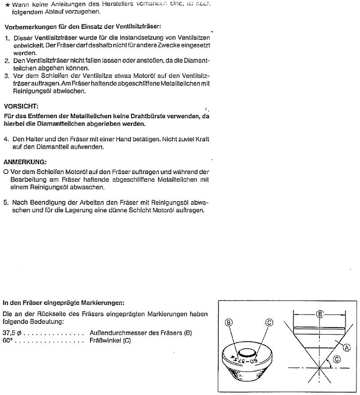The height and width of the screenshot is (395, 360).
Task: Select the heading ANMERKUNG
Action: (25, 162)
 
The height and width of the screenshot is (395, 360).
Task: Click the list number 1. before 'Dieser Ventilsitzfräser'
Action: (8, 38)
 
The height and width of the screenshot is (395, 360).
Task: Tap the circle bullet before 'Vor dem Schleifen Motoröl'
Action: (5, 172)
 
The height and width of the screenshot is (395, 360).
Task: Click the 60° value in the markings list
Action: (7, 341)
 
